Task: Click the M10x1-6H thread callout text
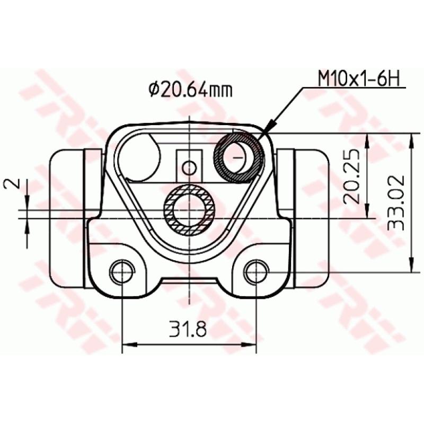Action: [x=358, y=79]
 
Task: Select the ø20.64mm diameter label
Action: [x=190, y=90]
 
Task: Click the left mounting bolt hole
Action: [x=121, y=272]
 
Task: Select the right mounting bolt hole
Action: [x=257, y=272]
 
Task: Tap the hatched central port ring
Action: [x=189, y=210]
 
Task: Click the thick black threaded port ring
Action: [x=238, y=157]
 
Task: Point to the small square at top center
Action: [x=189, y=164]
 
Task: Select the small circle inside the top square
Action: [x=189, y=168]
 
